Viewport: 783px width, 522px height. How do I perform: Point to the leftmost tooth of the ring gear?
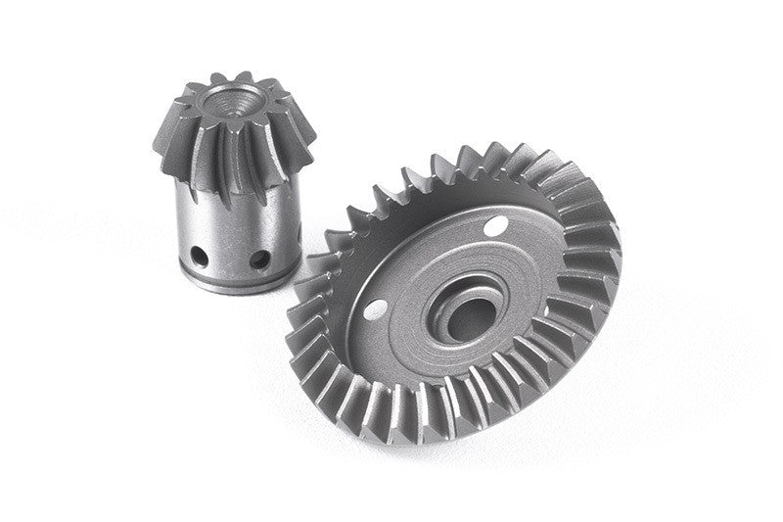(305, 294)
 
